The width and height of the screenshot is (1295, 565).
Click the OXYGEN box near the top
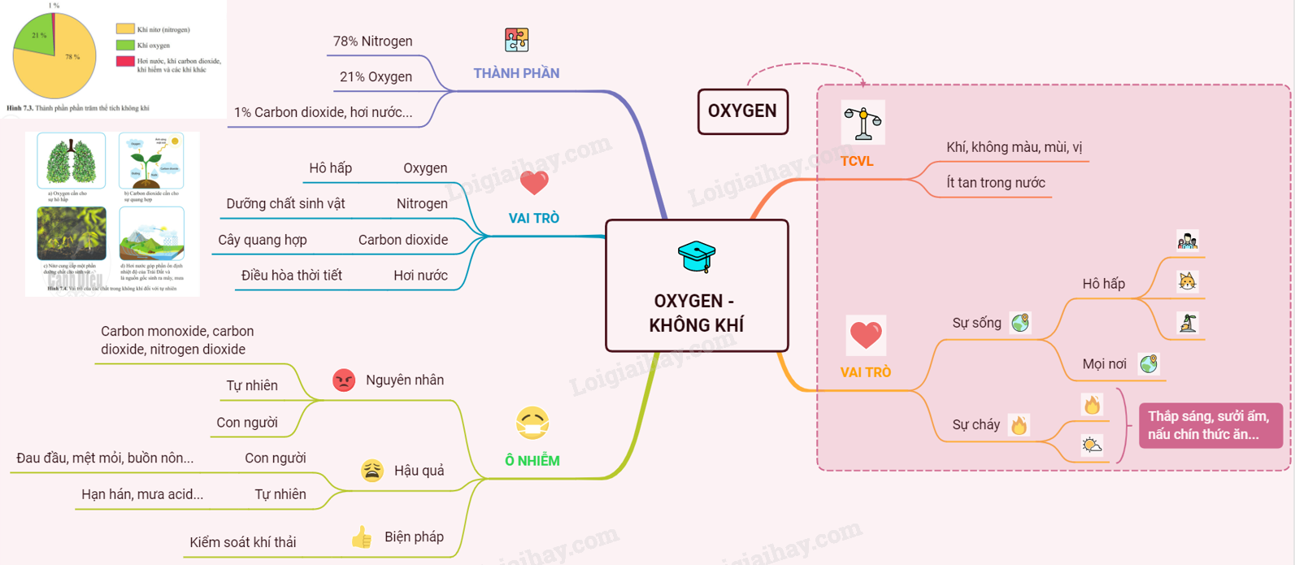point(742,111)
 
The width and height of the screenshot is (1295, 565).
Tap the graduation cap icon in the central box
point(697,256)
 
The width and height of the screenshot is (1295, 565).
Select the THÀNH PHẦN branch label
point(516,73)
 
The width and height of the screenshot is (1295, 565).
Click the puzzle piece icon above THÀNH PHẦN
point(516,40)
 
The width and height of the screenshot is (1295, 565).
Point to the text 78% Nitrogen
point(372,41)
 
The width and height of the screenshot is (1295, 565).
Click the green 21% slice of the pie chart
point(34,41)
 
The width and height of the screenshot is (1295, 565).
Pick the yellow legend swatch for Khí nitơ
point(125,29)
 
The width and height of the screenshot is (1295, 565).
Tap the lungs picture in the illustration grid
point(72,160)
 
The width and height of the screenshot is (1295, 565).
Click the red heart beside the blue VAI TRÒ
point(534,183)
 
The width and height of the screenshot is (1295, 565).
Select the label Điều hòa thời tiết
point(291,276)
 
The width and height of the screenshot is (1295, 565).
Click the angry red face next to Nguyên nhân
point(344,380)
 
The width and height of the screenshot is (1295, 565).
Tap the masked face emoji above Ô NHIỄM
point(532,423)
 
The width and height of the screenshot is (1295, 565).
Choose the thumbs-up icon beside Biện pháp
point(362,537)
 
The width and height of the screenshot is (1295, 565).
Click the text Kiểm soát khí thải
point(242,542)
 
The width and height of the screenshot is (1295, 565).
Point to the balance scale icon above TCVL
point(863,123)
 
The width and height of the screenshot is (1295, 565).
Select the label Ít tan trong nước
point(995,183)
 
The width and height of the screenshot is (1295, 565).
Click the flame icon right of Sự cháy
point(1019,424)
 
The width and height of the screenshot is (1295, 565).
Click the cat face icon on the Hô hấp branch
point(1187,281)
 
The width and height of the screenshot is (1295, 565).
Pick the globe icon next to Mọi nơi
point(1148,363)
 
